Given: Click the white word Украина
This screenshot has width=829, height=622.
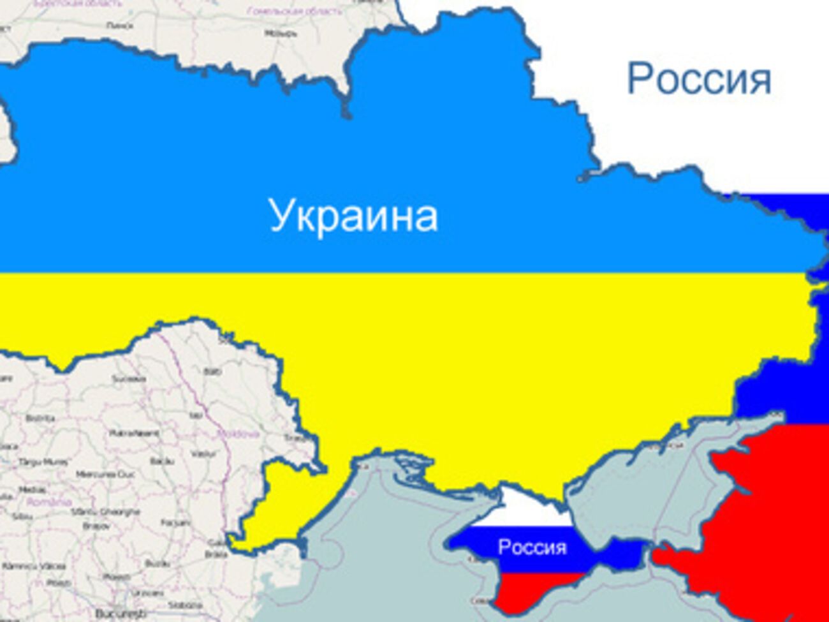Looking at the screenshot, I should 353,216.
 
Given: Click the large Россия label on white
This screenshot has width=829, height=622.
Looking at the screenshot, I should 699,79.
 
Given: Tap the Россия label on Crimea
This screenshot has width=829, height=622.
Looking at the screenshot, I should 532,547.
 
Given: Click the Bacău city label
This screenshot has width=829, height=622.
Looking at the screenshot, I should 162,460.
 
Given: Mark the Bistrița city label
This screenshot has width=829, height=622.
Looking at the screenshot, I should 40,418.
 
